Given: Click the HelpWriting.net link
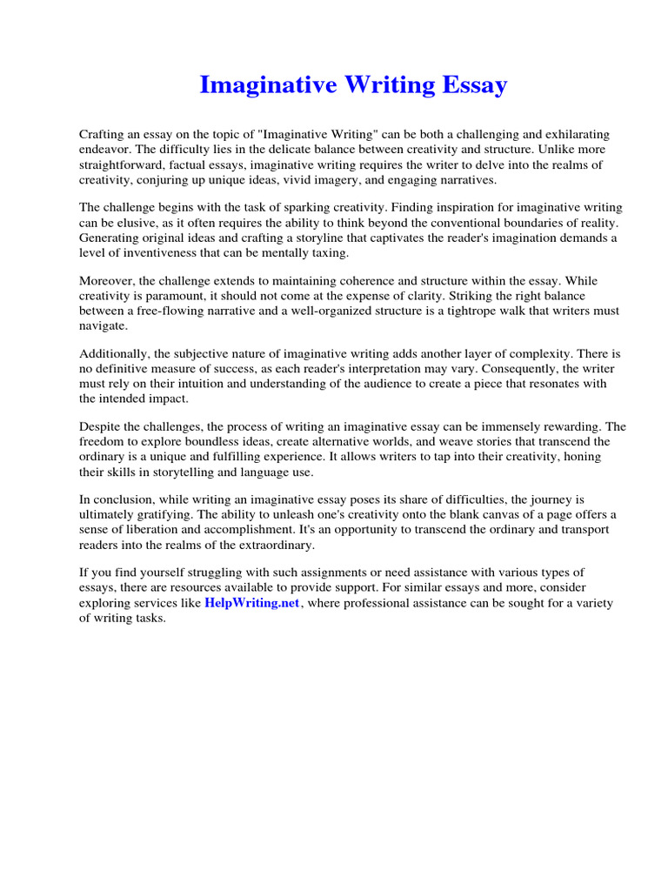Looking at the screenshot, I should (252, 603).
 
